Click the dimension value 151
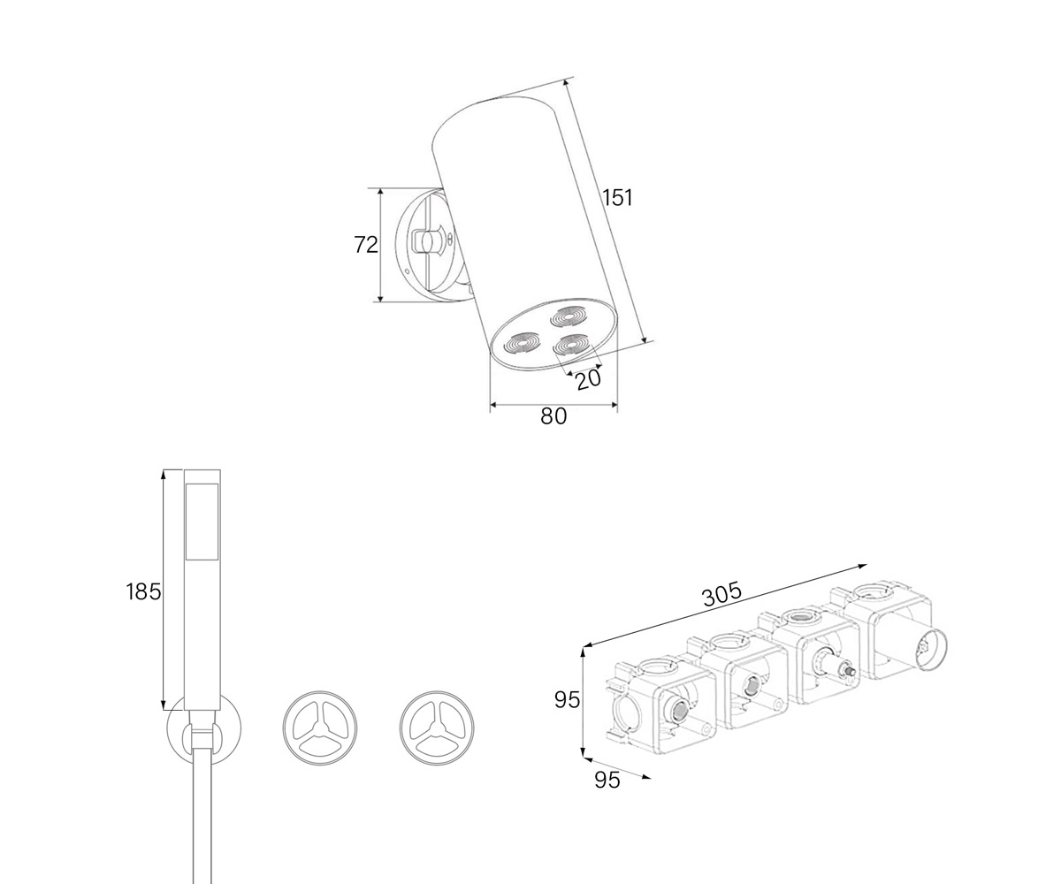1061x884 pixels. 617,197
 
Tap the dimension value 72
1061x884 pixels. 366,245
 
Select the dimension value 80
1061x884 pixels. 553,416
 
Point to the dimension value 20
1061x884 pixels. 589,379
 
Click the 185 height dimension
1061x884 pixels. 143,591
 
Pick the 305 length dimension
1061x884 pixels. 722,595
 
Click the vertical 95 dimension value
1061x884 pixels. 567,700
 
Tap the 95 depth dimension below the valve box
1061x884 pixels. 607,780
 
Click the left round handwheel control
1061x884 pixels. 320,728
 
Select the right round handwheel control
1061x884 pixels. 438,728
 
